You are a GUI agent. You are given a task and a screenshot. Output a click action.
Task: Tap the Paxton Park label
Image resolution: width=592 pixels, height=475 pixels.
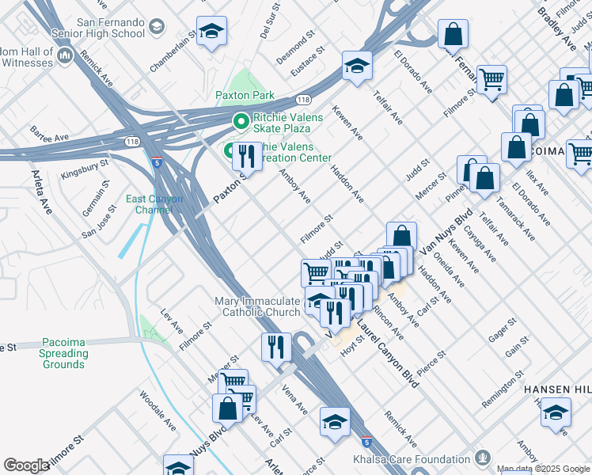[x=245, y=96]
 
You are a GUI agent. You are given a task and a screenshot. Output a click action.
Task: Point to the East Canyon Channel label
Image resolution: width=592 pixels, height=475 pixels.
[x=154, y=203]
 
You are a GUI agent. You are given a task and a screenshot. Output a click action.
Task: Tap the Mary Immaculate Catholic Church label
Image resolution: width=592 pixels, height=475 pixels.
[x=258, y=306]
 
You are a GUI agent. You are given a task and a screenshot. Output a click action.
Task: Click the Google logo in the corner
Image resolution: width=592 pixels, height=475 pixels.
[x=26, y=465]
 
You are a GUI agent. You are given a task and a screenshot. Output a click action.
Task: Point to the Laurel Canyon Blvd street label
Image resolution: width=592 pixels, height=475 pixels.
[x=388, y=353]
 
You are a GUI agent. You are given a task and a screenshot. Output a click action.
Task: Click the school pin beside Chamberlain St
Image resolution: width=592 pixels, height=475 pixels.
[x=211, y=32]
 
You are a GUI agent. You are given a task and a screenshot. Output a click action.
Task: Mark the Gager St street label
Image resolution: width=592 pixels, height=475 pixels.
[x=503, y=329]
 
